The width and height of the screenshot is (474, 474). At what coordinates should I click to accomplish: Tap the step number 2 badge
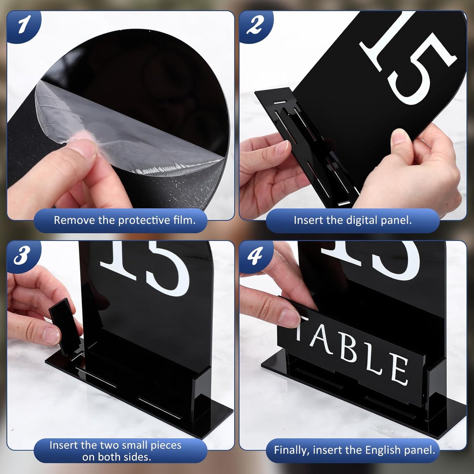(x=255, y=25)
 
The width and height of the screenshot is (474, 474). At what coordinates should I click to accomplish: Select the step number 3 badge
(x=22, y=255)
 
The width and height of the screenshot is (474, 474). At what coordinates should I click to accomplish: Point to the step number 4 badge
(x=255, y=256)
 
